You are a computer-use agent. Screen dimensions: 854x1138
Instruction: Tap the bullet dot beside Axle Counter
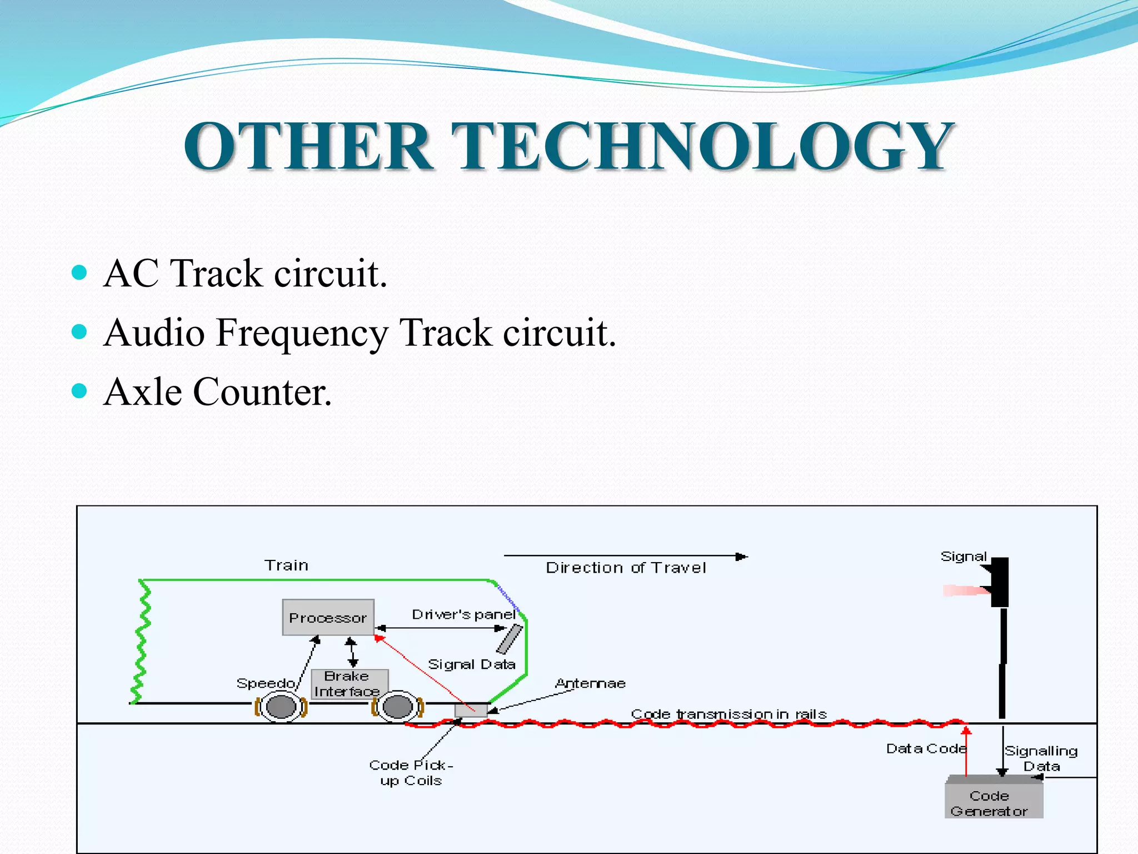click(x=79, y=391)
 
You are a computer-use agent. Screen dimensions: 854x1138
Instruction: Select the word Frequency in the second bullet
click(x=302, y=333)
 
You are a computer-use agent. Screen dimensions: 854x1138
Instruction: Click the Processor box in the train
click(x=328, y=617)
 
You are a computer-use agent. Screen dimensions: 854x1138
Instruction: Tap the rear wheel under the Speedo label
click(x=281, y=707)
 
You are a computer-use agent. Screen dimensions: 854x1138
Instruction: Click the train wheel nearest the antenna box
click(x=398, y=707)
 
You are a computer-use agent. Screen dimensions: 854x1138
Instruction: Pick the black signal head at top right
click(x=999, y=582)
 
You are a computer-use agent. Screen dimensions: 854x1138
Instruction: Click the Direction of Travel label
click(x=626, y=568)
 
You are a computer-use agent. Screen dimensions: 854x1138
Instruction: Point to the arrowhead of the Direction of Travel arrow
click(x=742, y=556)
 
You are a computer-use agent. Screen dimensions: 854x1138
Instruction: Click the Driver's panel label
click(x=463, y=614)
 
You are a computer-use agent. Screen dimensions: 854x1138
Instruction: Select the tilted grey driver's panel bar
click(x=510, y=639)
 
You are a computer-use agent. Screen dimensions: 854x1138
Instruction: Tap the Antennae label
click(x=590, y=683)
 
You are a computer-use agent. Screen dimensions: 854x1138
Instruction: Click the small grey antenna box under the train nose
click(x=471, y=709)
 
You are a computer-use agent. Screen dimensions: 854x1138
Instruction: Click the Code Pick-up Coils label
click(x=411, y=773)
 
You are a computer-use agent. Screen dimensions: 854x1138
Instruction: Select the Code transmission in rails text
click(x=728, y=714)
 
